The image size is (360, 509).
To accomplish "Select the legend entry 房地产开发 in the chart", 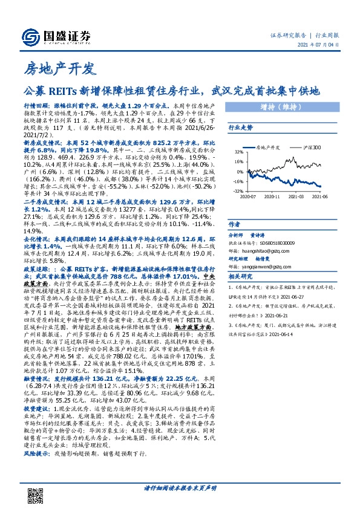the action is (x=266, y=148).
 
